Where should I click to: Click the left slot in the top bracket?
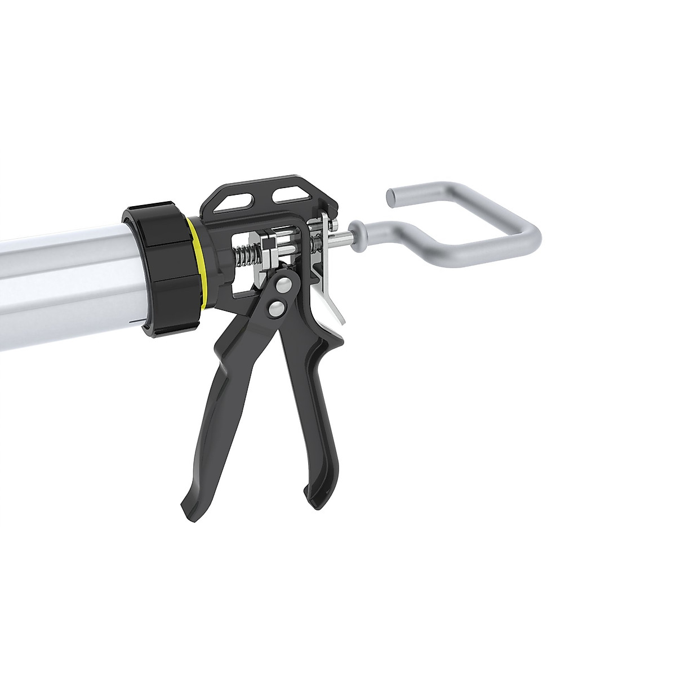click(x=228, y=203)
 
